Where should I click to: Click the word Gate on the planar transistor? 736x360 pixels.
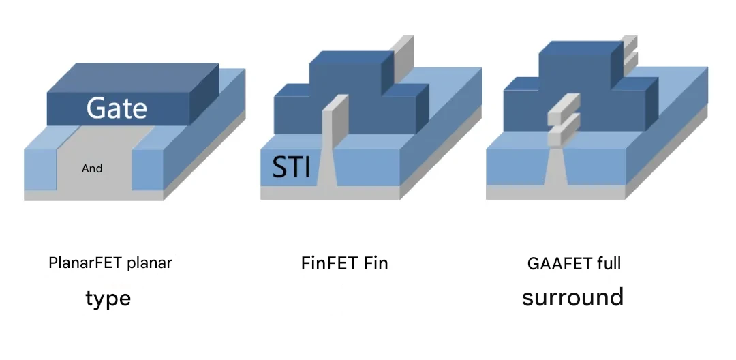(117, 108)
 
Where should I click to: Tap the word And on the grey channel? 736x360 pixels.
(92, 168)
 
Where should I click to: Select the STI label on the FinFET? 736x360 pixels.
(292, 166)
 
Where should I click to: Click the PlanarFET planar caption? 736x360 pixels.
(110, 262)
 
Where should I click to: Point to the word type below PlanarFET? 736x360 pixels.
(108, 299)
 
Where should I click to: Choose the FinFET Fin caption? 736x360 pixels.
(345, 263)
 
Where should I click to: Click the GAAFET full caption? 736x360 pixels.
(574, 263)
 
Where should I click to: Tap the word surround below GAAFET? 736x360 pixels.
(572, 297)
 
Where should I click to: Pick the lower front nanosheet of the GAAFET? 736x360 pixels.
(564, 130)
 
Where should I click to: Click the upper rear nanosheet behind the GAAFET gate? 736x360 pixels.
(630, 43)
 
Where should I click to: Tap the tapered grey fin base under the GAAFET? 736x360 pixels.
(556, 166)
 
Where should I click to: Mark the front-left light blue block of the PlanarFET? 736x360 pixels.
(41, 164)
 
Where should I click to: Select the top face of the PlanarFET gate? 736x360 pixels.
(133, 78)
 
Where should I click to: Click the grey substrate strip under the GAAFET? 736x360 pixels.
(556, 192)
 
